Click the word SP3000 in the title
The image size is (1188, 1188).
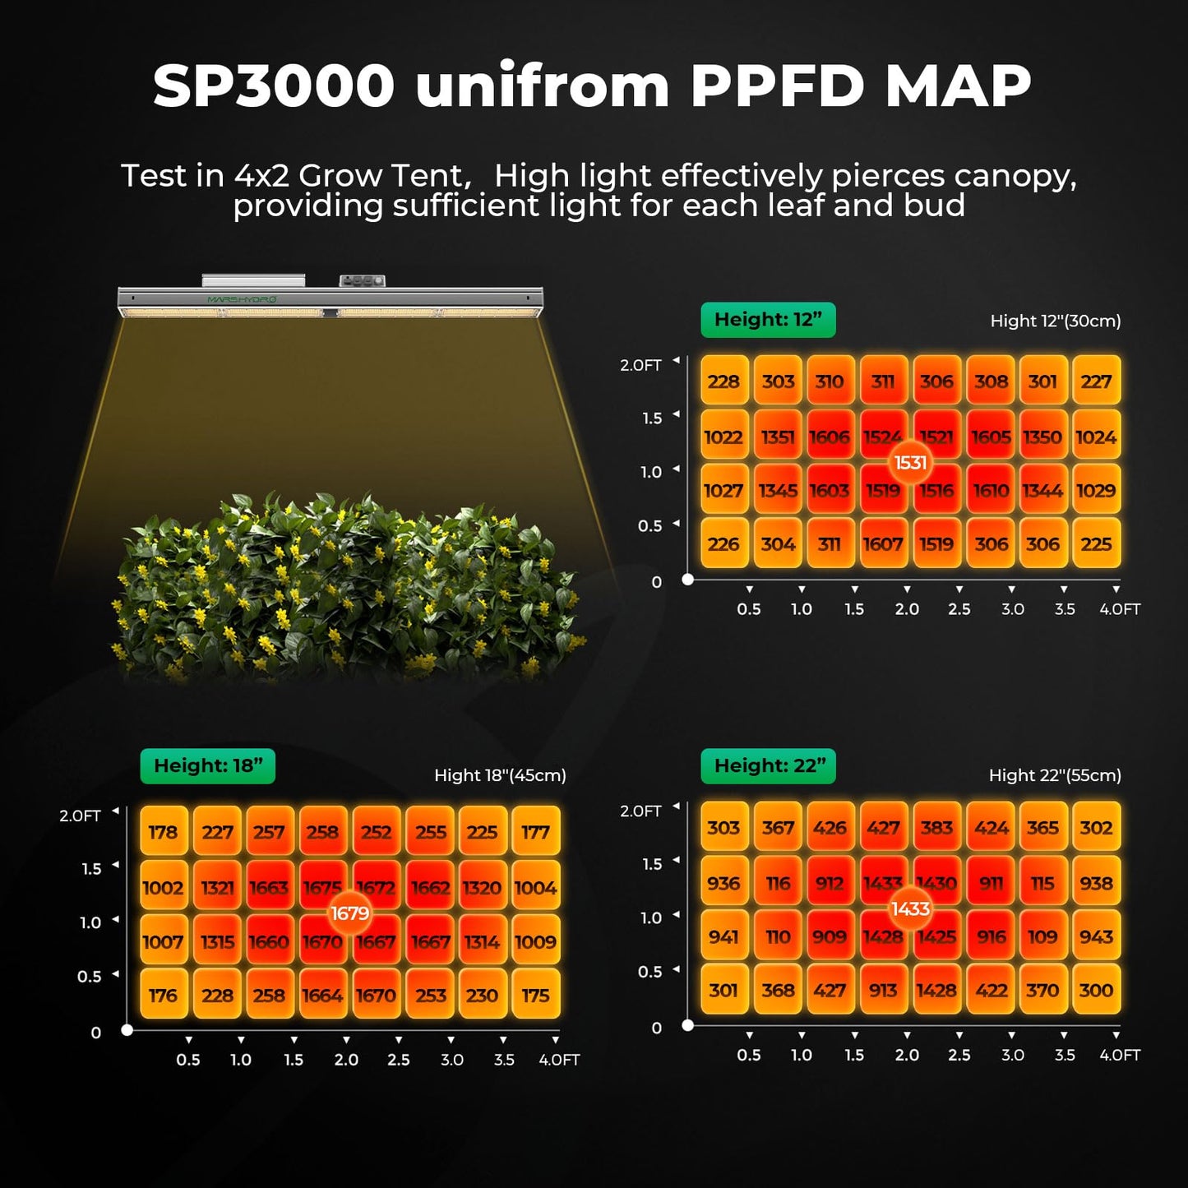click(274, 86)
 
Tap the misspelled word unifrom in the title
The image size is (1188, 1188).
click(542, 86)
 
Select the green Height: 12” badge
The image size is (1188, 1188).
click(768, 320)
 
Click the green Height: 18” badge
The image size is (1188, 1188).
click(208, 766)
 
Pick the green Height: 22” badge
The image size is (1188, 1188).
click(769, 766)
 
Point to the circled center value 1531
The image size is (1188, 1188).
click(910, 463)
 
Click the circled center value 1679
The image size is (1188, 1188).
click(349, 913)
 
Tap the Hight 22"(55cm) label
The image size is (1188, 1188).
click(1055, 775)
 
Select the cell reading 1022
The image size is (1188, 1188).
click(723, 437)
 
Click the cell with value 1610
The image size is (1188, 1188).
click(991, 491)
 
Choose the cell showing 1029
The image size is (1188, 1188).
click(1096, 491)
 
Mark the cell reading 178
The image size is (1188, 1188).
click(163, 832)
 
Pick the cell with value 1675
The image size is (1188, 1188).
click(321, 886)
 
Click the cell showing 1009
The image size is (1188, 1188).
click(535, 942)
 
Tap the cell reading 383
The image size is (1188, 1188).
click(936, 828)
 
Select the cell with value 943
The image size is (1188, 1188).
click(1096, 937)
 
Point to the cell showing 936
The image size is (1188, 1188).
click(723, 884)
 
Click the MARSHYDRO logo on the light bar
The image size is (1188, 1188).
click(242, 299)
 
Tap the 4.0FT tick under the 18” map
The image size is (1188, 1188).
click(559, 1060)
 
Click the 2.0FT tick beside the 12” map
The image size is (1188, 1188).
click(640, 365)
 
